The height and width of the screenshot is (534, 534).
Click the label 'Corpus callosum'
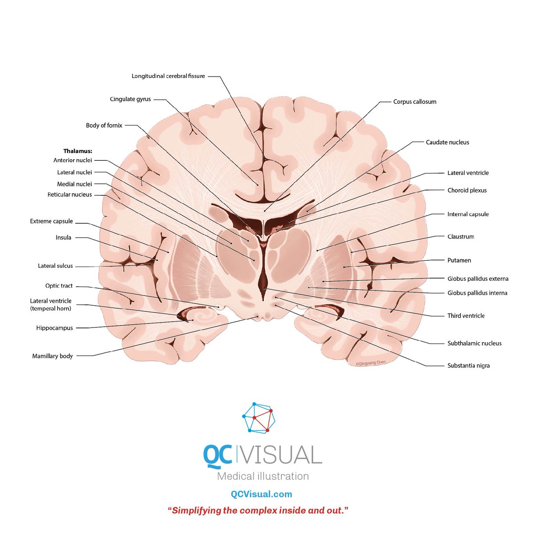[x=415, y=102]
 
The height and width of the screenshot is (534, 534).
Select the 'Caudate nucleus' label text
[x=447, y=142]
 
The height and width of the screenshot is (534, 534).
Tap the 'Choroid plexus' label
[x=467, y=190]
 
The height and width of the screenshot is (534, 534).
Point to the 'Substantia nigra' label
[x=468, y=365]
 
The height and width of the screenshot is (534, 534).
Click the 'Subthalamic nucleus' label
[x=474, y=344]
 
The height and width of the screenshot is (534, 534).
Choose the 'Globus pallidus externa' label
[x=478, y=279]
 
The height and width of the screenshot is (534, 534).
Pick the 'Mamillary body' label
[x=53, y=356]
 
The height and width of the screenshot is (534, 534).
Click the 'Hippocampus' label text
[x=55, y=328]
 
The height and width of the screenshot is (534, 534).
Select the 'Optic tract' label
[x=59, y=286]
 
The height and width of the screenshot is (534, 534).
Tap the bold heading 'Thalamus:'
[x=77, y=151]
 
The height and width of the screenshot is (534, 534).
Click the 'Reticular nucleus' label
[x=69, y=194]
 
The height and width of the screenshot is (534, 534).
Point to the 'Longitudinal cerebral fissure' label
[x=168, y=76]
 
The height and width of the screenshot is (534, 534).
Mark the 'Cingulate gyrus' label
[x=130, y=99]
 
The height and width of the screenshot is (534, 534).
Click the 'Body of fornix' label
[x=104, y=125]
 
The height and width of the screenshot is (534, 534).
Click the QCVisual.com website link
[x=261, y=494]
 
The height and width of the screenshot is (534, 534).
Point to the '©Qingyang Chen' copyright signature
[x=371, y=363]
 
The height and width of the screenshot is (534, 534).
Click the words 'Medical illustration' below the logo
[x=263, y=476]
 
